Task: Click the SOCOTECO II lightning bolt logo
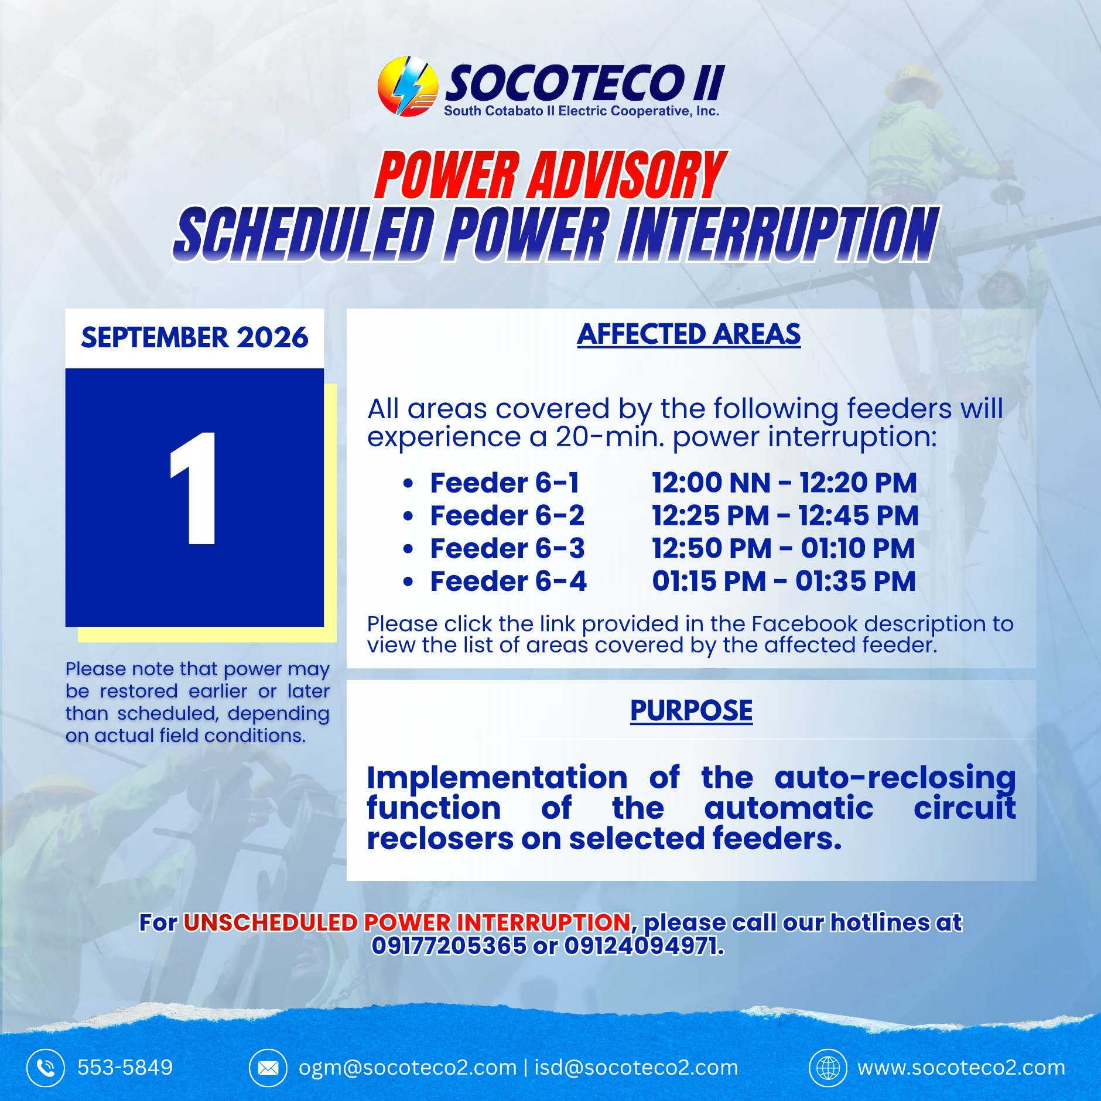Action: click(408, 86)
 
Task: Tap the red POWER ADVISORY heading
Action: click(550, 175)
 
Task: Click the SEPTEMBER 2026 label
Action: click(194, 337)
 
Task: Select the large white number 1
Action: click(193, 488)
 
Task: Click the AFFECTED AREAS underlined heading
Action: click(689, 334)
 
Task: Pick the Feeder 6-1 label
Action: click(505, 483)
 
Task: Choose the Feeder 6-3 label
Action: click(508, 549)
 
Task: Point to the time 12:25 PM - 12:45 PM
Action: click(785, 516)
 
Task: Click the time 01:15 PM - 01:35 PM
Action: click(784, 582)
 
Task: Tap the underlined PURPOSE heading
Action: click(692, 711)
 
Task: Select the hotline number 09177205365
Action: click(449, 946)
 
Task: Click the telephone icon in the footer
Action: click(45, 1068)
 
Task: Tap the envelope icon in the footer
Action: click(268, 1068)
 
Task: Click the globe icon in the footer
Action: click(828, 1068)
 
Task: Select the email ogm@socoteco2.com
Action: click(408, 1068)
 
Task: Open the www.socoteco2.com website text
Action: click(961, 1068)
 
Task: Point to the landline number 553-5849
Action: click(125, 1068)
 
